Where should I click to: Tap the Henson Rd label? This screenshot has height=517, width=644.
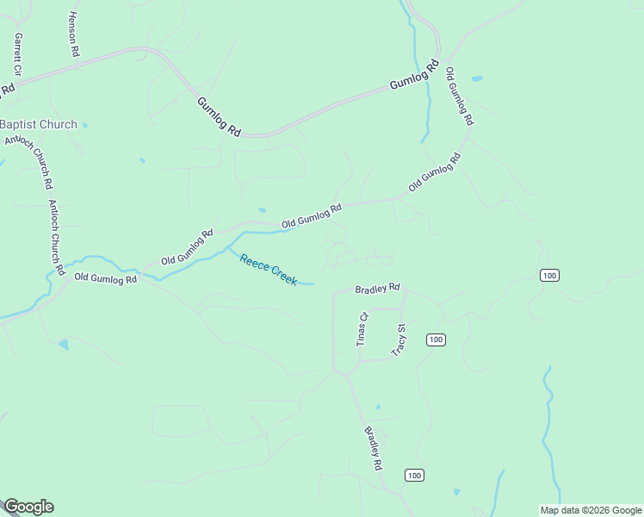[x=74, y=34]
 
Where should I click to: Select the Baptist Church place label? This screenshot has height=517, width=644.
[x=38, y=124]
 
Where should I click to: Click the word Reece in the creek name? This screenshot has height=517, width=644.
[x=255, y=263]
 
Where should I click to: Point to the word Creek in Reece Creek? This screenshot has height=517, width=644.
[x=284, y=277]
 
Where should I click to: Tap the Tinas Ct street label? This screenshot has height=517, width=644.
[x=362, y=329]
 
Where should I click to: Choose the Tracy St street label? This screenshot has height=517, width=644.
[x=399, y=339]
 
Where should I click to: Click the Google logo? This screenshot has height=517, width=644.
[x=28, y=507]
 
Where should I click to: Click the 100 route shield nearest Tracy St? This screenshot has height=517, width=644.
[x=436, y=339]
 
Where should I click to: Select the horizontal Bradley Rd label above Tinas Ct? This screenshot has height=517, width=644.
[x=378, y=289]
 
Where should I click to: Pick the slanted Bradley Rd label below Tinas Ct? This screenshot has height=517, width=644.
[x=373, y=448]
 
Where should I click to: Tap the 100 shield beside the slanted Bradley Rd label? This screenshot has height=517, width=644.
[x=414, y=475]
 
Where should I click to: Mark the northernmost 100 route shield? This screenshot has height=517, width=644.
[x=550, y=275]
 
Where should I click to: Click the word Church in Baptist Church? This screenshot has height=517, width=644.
[x=57, y=124]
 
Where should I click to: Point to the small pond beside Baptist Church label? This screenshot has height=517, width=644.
[x=84, y=126]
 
